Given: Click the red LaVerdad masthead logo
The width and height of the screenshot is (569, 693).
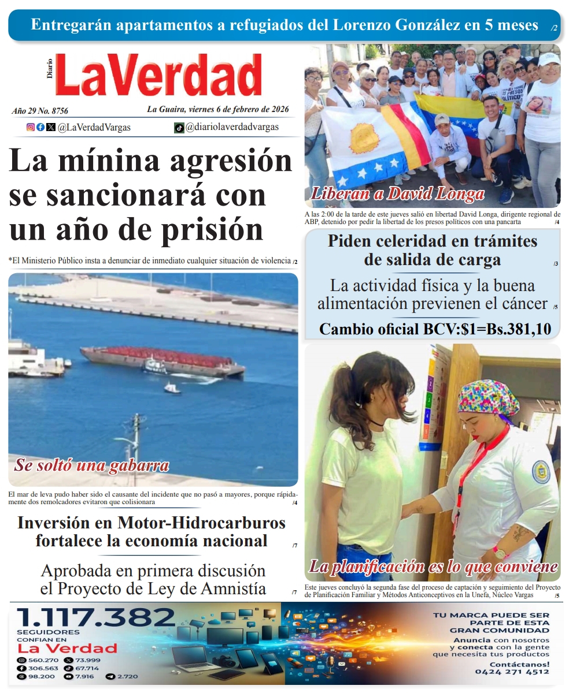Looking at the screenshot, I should [159, 75].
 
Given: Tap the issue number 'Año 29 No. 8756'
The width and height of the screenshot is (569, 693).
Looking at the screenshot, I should [40, 110].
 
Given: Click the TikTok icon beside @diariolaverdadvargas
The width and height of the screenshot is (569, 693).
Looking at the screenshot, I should [179, 128].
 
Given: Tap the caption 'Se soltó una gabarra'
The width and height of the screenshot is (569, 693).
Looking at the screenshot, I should [92, 465].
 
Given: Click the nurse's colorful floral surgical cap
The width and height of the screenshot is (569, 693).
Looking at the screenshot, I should [488, 398].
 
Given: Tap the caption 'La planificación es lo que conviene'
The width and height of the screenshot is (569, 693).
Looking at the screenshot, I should [434, 566].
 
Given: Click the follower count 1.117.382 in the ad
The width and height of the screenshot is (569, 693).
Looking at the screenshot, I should [96, 619].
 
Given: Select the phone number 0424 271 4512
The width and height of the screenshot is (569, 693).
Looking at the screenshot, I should [512, 672].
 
